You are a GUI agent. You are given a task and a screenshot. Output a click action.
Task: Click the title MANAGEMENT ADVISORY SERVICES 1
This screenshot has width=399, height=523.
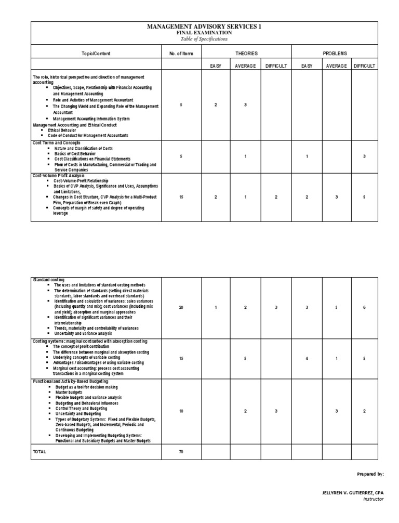tap(204, 27)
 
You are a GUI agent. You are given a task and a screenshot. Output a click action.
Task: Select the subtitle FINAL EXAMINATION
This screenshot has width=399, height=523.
tap(204, 33)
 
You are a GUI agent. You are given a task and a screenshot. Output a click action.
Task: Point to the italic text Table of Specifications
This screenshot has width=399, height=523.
tap(204, 39)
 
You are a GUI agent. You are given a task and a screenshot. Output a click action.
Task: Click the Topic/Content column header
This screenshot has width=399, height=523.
tap(96, 54)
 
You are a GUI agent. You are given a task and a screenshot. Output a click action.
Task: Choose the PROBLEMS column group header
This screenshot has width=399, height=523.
tap(335, 54)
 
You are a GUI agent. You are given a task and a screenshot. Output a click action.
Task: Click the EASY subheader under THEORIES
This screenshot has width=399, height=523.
tap(216, 66)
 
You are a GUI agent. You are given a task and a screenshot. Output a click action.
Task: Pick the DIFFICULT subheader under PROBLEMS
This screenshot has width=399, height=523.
tap(365, 66)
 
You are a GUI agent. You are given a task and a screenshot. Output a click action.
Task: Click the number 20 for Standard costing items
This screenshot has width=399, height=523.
tap(181, 307)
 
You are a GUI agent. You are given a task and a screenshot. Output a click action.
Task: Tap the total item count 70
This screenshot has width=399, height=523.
tap(181, 452)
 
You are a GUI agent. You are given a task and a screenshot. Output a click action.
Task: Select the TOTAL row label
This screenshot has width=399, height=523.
tap(39, 452)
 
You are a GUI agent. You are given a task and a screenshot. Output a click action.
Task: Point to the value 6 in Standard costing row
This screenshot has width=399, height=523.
tap(364, 307)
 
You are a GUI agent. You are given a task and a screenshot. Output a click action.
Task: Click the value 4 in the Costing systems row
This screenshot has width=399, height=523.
tap(307, 358)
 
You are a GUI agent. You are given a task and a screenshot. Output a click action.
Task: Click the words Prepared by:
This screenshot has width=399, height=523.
tap(370, 474)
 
